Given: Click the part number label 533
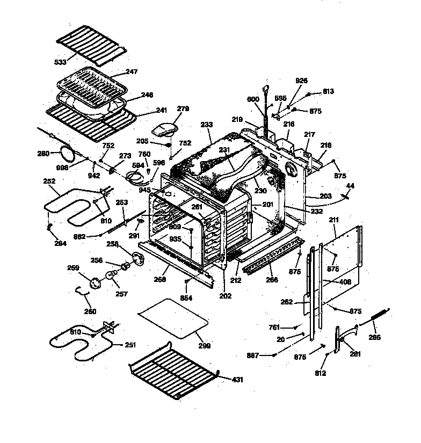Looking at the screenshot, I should point(60,62).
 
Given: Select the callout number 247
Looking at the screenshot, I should point(132,72).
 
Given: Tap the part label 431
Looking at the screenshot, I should point(237,380).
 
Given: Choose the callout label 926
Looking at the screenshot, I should point(301,81).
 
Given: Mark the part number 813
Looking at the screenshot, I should point(328,91).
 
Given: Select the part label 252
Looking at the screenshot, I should point(49,181).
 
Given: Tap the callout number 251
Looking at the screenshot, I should point(130,344).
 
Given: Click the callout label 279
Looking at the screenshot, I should point(183,109).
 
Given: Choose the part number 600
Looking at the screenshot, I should point(253,99).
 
